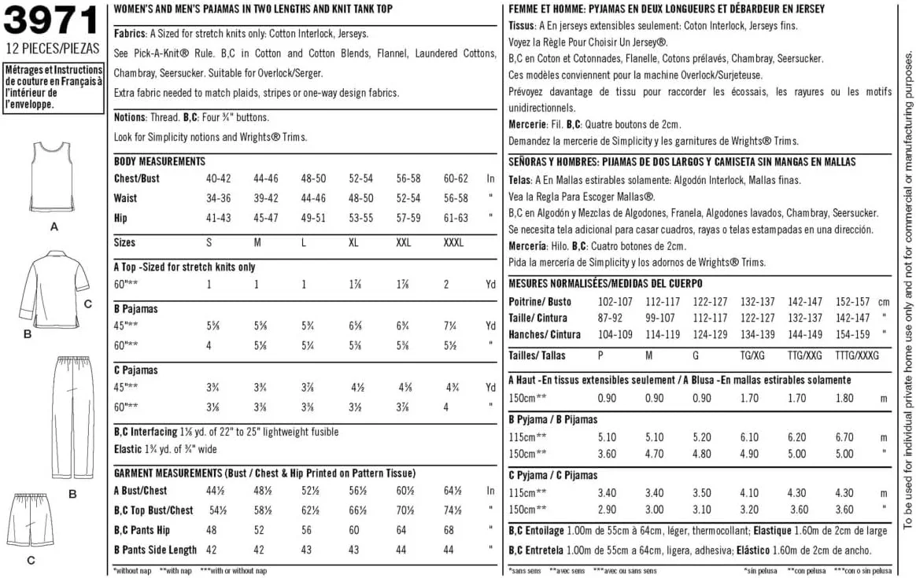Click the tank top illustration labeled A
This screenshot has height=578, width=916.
[54, 179]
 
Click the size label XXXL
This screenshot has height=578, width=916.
[453, 243]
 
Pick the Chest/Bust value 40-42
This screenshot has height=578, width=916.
[218, 179]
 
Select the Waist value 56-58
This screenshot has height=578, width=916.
[456, 198]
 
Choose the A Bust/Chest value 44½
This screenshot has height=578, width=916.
[215, 491]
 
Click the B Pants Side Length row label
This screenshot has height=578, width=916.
[155, 550]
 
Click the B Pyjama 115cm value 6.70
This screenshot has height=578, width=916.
[844, 437]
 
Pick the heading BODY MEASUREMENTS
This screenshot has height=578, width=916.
[160, 161]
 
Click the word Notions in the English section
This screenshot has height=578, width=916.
[130, 117]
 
